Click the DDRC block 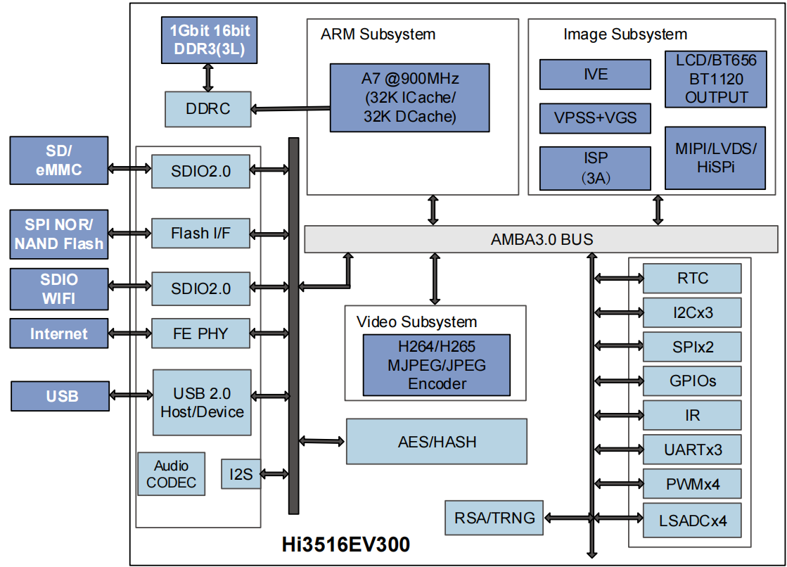pos(207,109)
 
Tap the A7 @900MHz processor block pos(410,97)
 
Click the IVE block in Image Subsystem pos(595,74)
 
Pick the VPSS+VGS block pos(595,117)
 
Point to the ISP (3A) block pos(595,167)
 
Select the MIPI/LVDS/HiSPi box pos(715,158)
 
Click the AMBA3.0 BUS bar pos(541,239)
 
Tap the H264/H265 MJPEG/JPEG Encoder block pos(436,365)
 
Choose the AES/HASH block pos(436,442)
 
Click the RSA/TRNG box pos(494,518)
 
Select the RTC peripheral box pos(692,279)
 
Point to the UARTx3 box pos(692,450)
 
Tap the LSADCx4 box pos(692,522)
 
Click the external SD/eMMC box pos(59,160)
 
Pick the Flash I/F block pos(200,233)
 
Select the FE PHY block pos(200,333)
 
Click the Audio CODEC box pos(171,474)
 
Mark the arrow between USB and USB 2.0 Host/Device pos(131,395)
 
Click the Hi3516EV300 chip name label pos(345,544)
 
